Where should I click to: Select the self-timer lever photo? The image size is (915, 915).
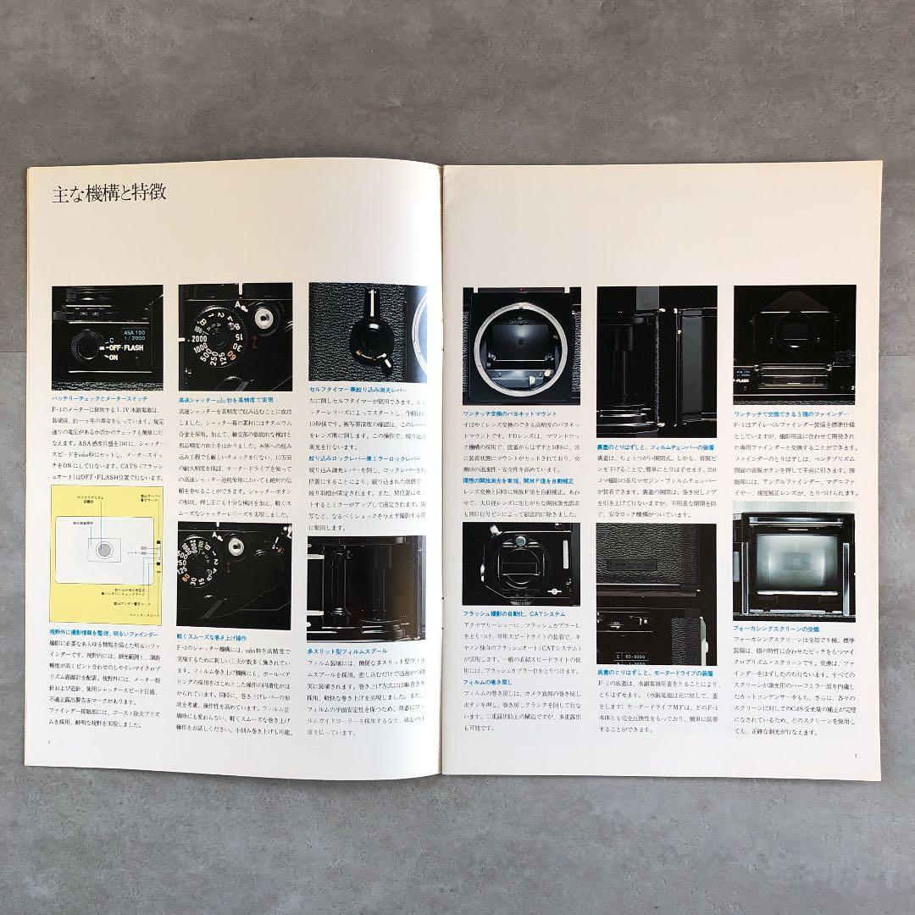click(x=369, y=332)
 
